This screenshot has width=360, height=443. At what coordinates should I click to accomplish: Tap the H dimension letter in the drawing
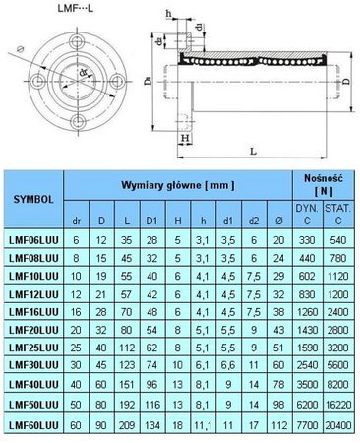pyautogui.click(x=184, y=138)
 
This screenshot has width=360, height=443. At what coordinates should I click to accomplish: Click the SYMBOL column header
pyautogui.click(x=32, y=197)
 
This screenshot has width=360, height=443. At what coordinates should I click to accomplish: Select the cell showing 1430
pyautogui.click(x=307, y=328)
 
